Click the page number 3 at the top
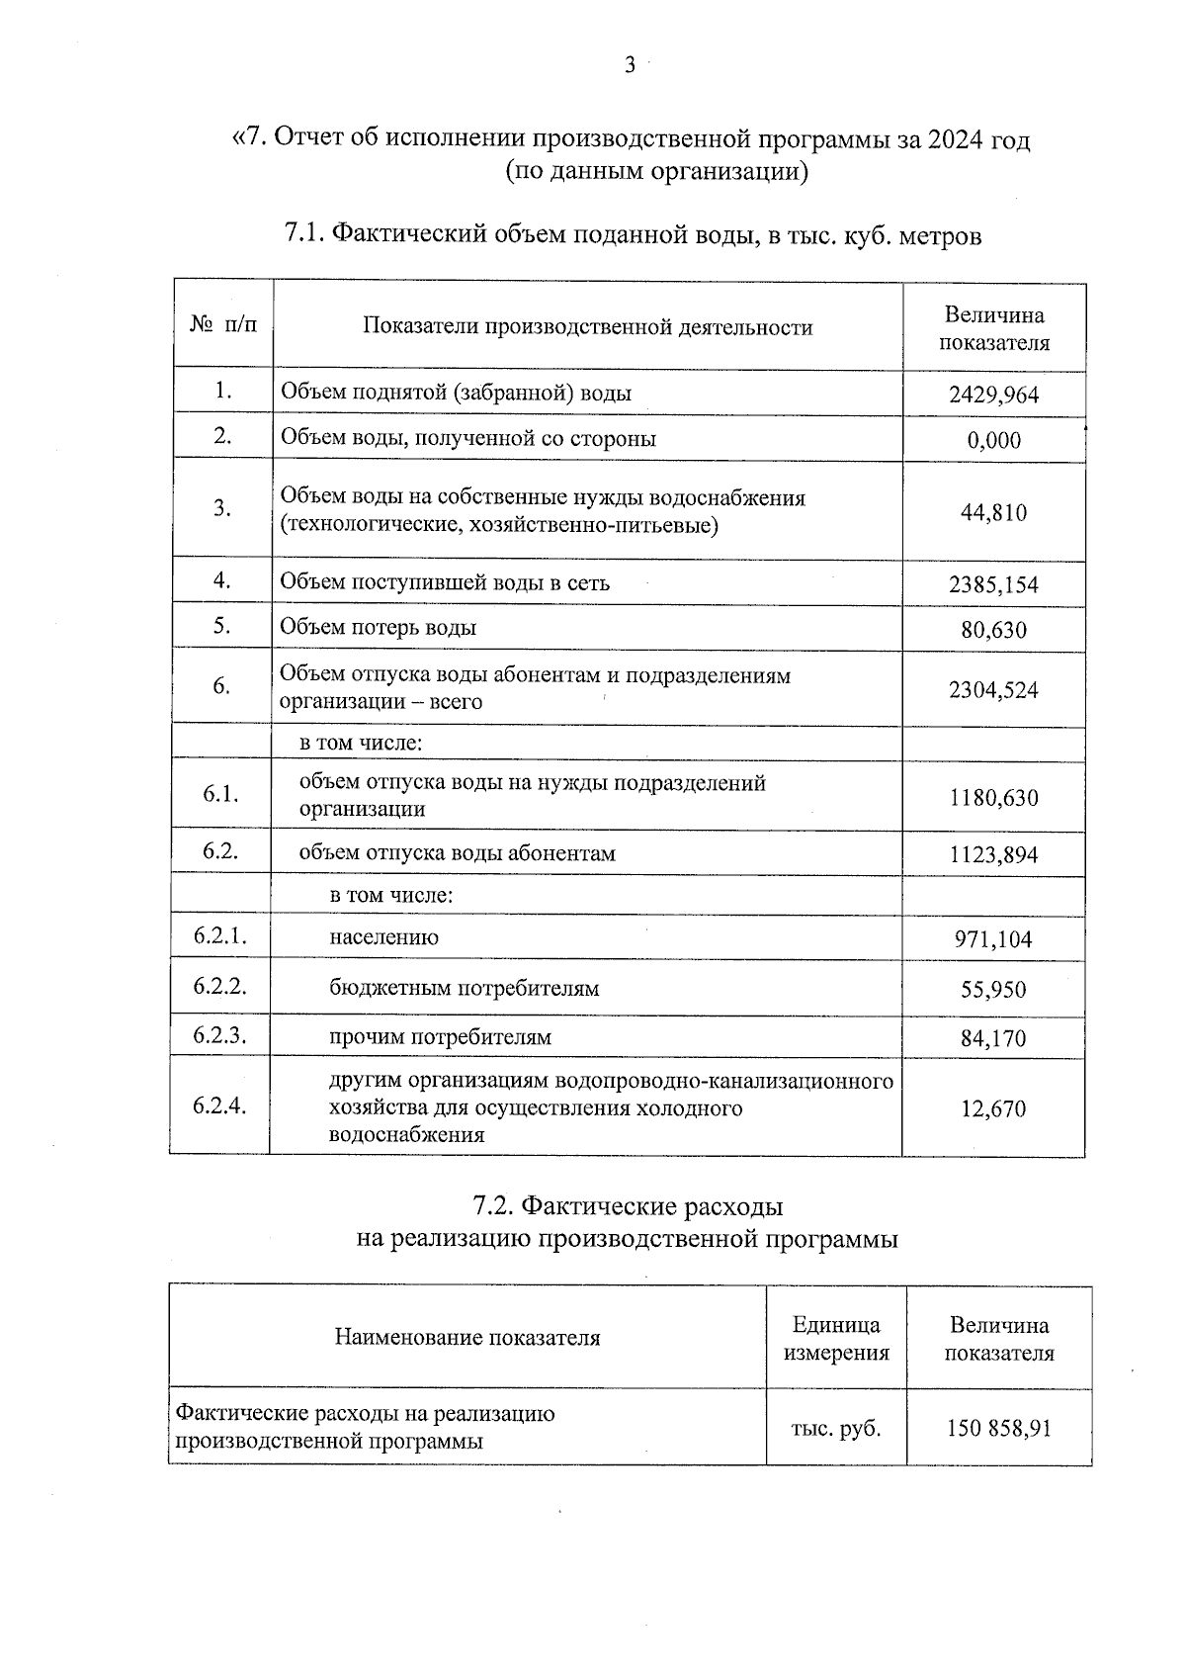pos(630,67)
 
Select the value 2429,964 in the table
pos(993,396)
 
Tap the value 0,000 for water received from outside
pos(994,441)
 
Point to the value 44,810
pos(993,512)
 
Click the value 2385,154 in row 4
pos(993,584)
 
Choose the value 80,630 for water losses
pos(993,630)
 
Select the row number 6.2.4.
pos(220,1105)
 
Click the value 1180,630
pos(993,798)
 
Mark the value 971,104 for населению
pos(993,939)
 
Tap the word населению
pos(383,937)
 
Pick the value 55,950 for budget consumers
pos(993,990)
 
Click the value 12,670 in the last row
pos(993,1109)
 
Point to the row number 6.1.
pos(220,795)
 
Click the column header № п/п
pos(223,325)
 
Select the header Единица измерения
pos(836,1339)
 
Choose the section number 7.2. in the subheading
pos(493,1206)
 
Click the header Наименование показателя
pos(467,1339)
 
